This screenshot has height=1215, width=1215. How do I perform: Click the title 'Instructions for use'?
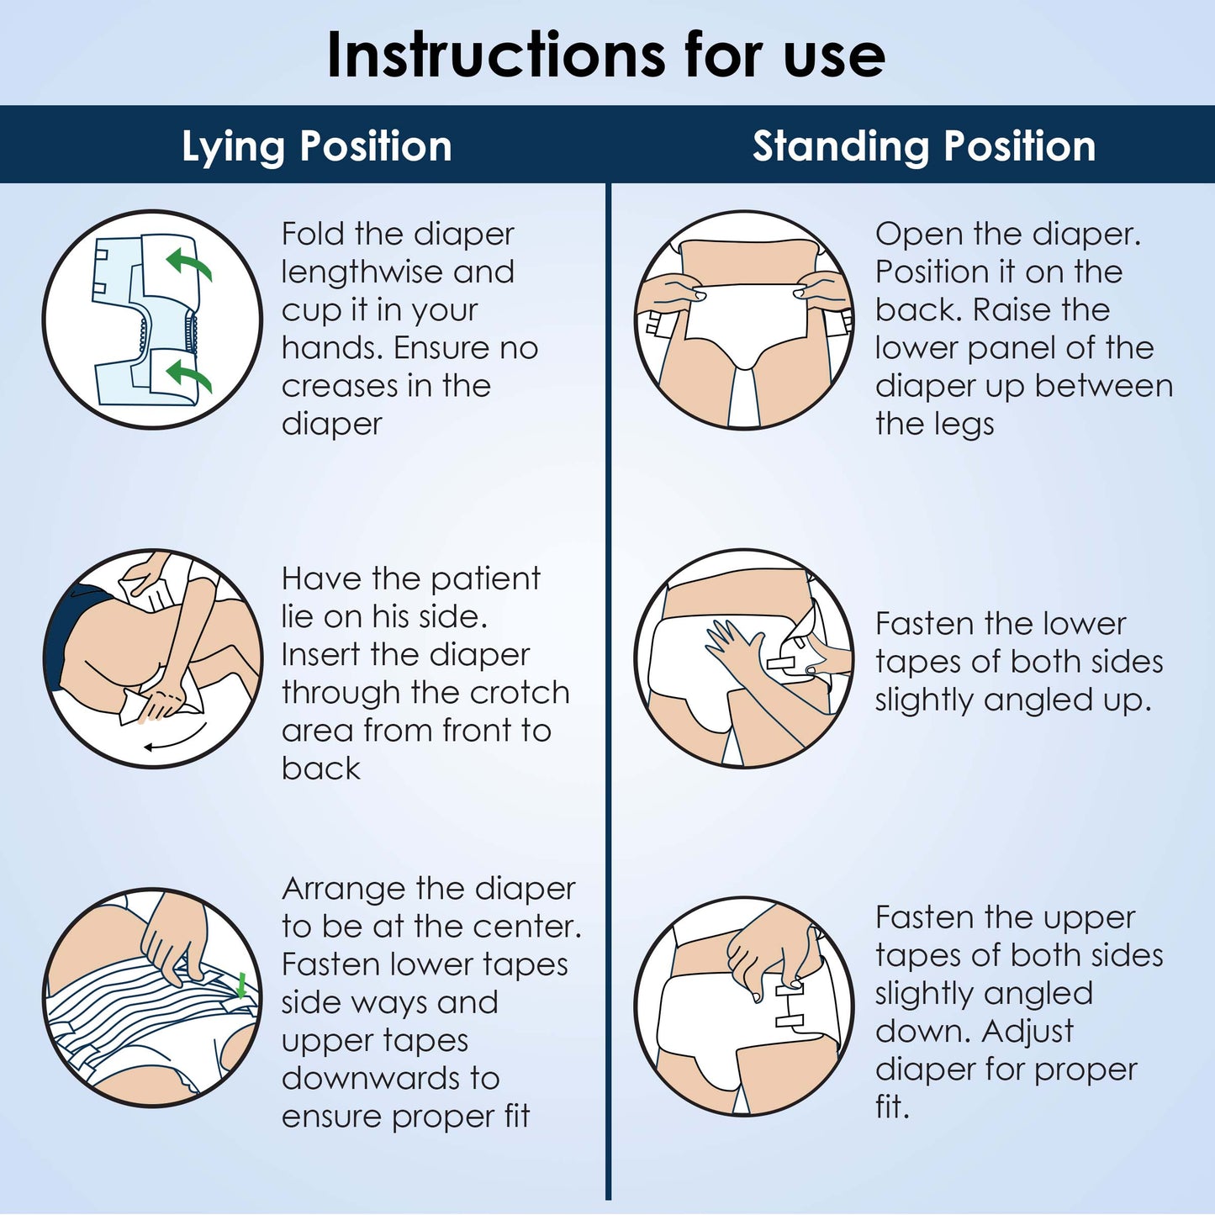pos(605,55)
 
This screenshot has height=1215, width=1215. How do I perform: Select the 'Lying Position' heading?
pos(317,146)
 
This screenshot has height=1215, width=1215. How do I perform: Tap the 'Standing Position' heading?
pos(923,146)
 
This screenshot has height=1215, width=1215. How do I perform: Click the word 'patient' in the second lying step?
pos(485,578)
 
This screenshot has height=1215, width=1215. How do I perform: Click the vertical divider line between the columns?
pos(607,689)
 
